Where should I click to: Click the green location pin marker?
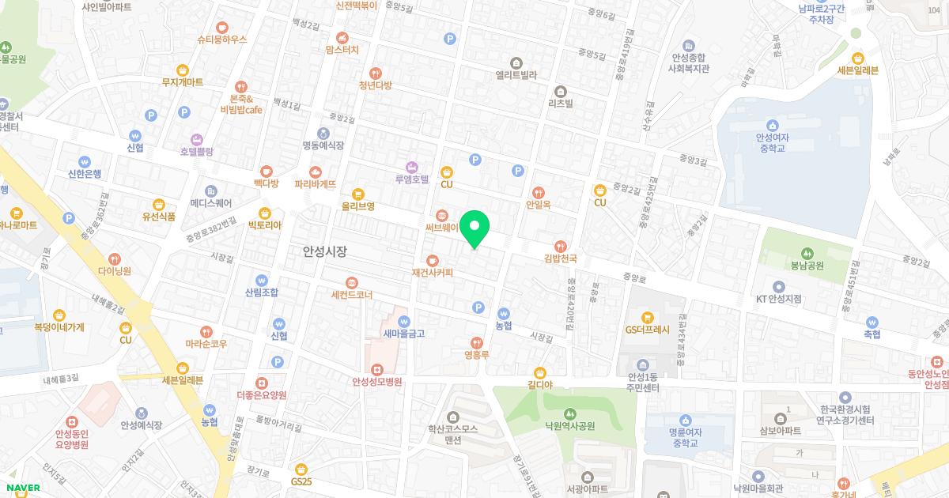pyautogui.click(x=475, y=229)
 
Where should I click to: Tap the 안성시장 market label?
pyautogui.click(x=325, y=251)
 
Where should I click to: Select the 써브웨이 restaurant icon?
pyautogui.click(x=441, y=214)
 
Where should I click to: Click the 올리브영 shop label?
pyautogui.click(x=357, y=206)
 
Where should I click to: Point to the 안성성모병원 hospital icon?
pyautogui.click(x=377, y=369)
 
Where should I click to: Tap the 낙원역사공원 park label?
pyautogui.click(x=569, y=425)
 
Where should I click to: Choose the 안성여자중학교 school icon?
pyautogui.click(x=773, y=125)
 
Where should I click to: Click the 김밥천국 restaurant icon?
pyautogui.click(x=561, y=246)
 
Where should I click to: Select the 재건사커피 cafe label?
pyautogui.click(x=432, y=273)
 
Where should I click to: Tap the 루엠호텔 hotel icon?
pyautogui.click(x=411, y=167)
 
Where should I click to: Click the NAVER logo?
pyautogui.click(x=21, y=488)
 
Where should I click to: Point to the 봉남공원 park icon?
pyautogui.click(x=806, y=254)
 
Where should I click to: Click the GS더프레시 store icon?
pyautogui.click(x=647, y=317)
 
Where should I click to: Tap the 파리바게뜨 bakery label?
pyautogui.click(x=316, y=183)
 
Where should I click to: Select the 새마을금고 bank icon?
pyautogui.click(x=404, y=322)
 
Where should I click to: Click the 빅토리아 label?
pyautogui.click(x=264, y=224)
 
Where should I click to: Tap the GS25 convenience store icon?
pyautogui.click(x=301, y=469)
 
